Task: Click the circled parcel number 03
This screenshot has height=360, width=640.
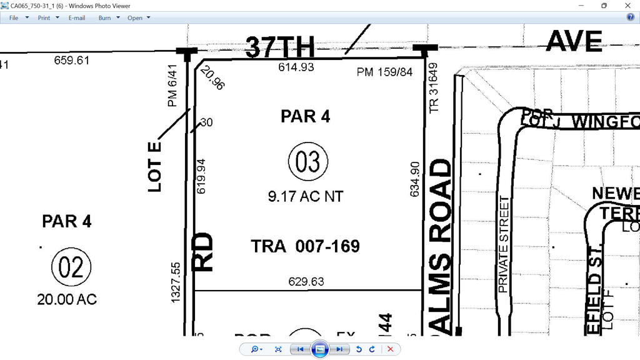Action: click(308, 161)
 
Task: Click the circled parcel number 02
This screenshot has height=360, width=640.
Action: click(71, 267)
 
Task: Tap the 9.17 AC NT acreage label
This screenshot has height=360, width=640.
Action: click(306, 196)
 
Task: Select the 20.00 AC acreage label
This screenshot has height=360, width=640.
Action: click(67, 299)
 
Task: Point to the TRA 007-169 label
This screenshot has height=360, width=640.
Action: click(305, 246)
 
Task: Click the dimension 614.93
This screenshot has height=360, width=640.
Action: click(296, 67)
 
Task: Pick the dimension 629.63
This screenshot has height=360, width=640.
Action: click(306, 282)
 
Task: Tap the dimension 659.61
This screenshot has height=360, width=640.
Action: click(72, 61)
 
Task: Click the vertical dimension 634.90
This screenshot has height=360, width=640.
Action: click(414, 179)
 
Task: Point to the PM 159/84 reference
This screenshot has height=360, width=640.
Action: click(384, 72)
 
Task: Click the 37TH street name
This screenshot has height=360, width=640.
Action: click(279, 47)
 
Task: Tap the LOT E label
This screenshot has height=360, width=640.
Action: click(154, 166)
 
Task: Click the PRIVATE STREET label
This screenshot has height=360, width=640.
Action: click(504, 244)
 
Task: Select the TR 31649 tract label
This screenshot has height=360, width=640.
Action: click(434, 87)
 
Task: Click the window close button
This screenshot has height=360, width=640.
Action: click(627, 6)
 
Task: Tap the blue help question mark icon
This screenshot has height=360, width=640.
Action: click(631, 17)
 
